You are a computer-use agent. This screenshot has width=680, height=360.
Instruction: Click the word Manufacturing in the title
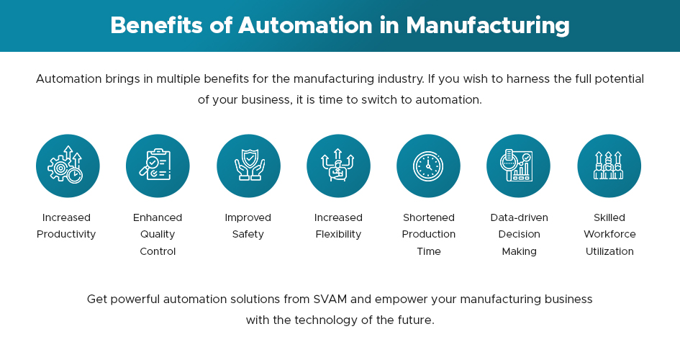click(487, 25)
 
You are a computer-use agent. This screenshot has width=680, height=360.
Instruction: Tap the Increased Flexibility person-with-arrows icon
click(338, 166)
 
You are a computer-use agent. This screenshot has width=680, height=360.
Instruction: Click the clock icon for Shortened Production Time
click(428, 166)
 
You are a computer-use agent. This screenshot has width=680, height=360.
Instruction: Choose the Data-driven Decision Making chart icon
click(518, 166)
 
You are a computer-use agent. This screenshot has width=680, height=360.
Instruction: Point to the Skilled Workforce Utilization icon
click(609, 166)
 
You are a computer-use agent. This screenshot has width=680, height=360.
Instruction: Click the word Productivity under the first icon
click(66, 234)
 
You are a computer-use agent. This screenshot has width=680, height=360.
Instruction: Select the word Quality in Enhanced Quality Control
click(158, 234)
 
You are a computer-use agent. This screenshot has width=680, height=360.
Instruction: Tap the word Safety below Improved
click(248, 234)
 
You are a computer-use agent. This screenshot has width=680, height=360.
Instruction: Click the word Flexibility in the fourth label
click(338, 234)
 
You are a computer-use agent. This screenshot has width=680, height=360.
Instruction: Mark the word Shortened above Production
click(429, 217)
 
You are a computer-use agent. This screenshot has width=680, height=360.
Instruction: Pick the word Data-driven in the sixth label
click(519, 217)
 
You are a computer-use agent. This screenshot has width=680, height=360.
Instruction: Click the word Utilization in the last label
click(609, 251)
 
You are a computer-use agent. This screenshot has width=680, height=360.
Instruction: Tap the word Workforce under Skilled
click(609, 234)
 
